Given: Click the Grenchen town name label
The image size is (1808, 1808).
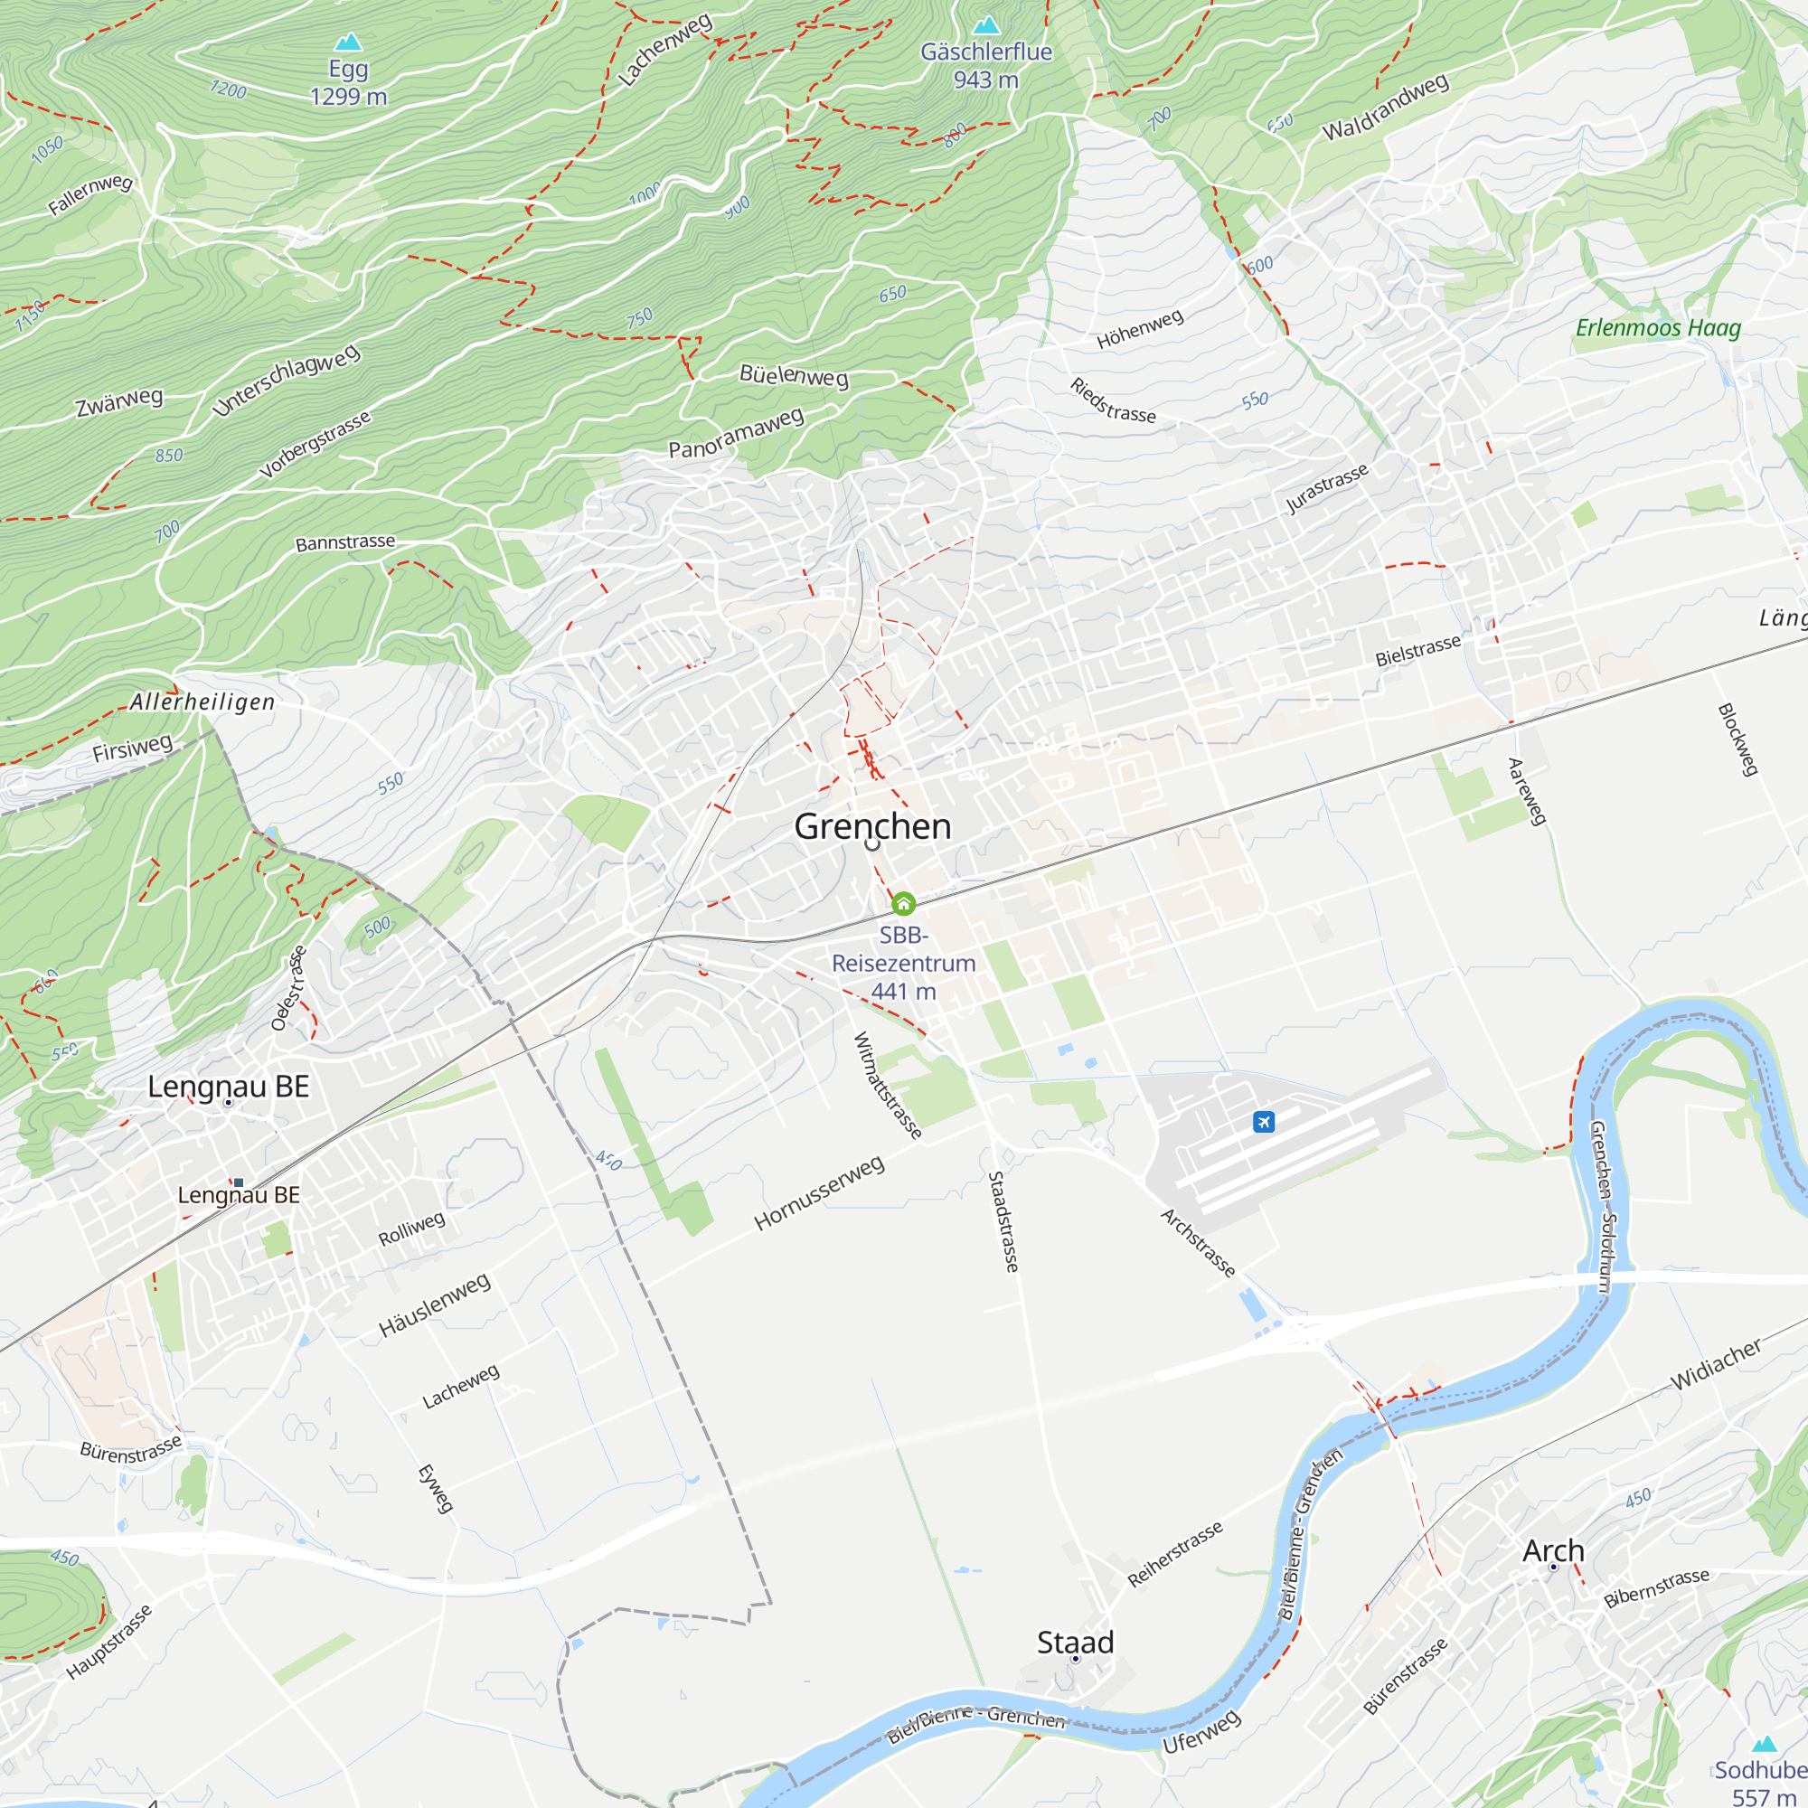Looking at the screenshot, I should click(x=872, y=826).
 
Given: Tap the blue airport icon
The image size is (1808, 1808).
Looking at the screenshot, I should click(x=1264, y=1121).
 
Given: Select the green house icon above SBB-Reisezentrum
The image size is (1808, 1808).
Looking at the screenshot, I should click(x=903, y=903).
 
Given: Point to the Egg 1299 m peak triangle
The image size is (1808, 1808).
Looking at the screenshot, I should click(x=348, y=42).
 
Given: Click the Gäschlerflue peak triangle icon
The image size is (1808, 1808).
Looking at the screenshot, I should click(x=986, y=25).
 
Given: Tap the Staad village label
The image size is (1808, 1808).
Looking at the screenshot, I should click(x=1075, y=1643).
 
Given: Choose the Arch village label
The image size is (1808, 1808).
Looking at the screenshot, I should click(x=1553, y=1550).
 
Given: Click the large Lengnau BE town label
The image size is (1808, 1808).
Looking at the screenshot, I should click(x=229, y=1087).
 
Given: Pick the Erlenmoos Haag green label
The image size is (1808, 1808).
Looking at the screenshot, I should click(x=1658, y=327).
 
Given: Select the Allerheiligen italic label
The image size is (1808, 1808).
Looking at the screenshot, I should click(x=202, y=702).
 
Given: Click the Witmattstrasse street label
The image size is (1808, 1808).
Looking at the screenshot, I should click(x=887, y=1086).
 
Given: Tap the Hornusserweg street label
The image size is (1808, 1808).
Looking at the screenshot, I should click(x=819, y=1193).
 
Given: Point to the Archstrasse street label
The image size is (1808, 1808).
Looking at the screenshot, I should click(x=1198, y=1243).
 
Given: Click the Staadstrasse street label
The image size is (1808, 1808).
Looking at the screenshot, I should click(x=1003, y=1221).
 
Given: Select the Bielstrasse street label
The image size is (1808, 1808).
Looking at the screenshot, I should click(x=1417, y=650).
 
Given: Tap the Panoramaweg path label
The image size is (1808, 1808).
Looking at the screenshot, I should click(x=736, y=433).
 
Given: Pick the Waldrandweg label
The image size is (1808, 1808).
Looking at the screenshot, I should click(x=1385, y=107).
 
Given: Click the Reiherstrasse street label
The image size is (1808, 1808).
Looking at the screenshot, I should click(x=1174, y=1554).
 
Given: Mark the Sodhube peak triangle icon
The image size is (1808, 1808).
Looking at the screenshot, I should click(x=1765, y=1744).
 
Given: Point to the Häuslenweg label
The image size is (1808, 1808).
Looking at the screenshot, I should click(x=434, y=1304).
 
